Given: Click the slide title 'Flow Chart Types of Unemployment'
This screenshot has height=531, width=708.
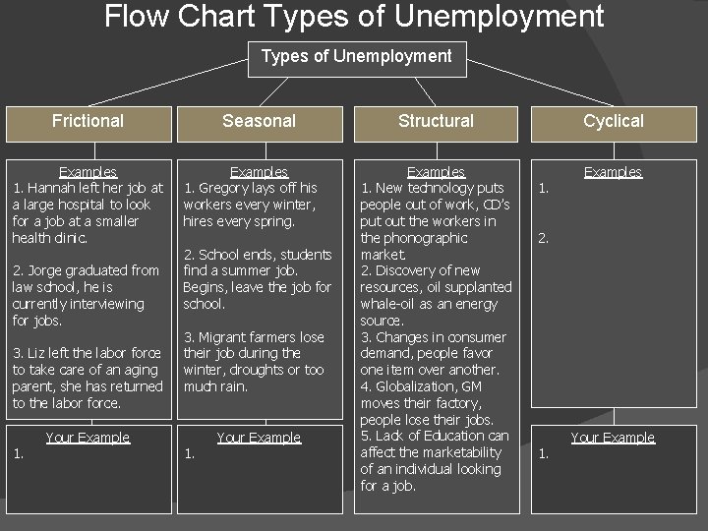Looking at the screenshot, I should [354, 17].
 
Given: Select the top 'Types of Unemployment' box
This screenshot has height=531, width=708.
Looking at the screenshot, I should [356, 56].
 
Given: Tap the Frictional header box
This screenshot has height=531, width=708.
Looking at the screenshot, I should [88, 121].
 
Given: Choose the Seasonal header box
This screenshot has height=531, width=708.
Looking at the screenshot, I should [259, 121].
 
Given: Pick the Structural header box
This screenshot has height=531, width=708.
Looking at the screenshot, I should [436, 121].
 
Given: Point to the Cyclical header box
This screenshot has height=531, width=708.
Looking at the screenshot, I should [613, 121].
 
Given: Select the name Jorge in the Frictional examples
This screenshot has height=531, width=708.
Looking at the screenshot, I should [44, 270].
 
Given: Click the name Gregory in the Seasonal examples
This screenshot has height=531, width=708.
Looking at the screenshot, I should [225, 188].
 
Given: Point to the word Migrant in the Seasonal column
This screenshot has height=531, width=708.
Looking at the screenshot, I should [225, 337].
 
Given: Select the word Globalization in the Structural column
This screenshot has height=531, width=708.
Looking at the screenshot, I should [418, 386].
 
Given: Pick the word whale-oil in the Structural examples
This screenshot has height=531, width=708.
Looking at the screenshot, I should [394, 304].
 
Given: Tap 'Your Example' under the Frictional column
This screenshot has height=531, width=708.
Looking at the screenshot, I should [88, 438].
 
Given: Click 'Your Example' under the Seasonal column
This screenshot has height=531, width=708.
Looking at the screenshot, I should [259, 438].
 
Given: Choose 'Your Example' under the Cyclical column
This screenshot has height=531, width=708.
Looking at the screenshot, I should [613, 438].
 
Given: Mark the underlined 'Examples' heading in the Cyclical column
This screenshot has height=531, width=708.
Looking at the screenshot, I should [613, 172].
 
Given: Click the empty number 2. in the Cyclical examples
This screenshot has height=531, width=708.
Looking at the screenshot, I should [542, 238].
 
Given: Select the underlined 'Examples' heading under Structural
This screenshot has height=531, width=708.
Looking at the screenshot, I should [436, 172].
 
